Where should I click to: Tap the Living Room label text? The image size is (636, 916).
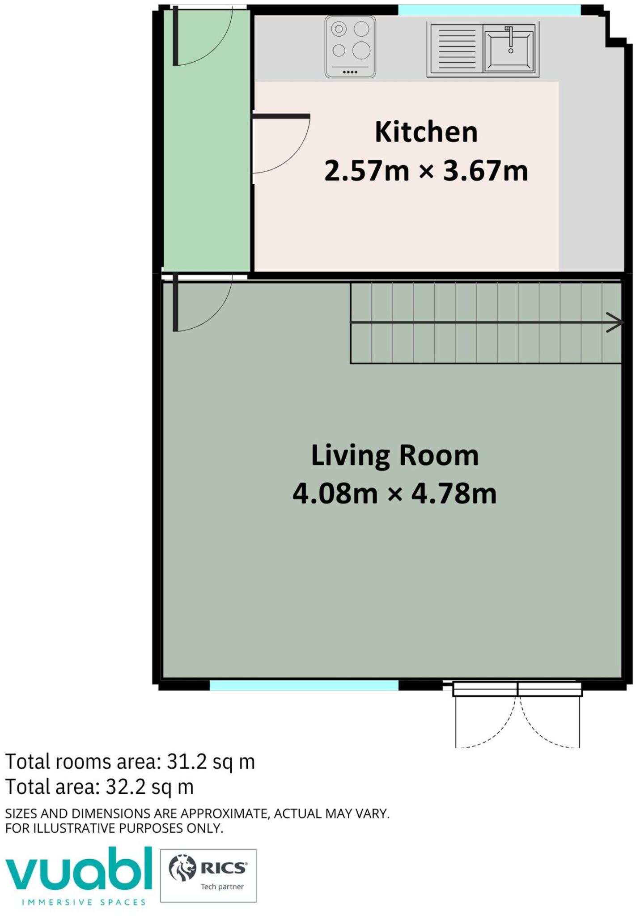pyautogui.click(x=395, y=456)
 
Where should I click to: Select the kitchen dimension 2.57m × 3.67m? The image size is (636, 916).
pyautogui.click(x=426, y=171)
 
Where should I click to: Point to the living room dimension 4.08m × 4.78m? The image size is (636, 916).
pyautogui.click(x=395, y=494)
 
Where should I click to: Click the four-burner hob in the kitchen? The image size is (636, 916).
pyautogui.click(x=350, y=47)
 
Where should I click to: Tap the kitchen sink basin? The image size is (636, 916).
pyautogui.click(x=509, y=48)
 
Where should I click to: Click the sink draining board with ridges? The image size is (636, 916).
pyautogui.click(x=457, y=48)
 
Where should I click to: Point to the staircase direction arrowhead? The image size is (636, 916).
pyautogui.click(x=615, y=322)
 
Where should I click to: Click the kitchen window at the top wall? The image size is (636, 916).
pyautogui.click(x=489, y=10)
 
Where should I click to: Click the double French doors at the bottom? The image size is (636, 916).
pyautogui.click(x=517, y=714)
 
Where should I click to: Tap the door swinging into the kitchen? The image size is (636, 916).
pyautogui.click(x=281, y=144)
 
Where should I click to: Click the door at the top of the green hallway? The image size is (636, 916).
pyautogui.click(x=203, y=36)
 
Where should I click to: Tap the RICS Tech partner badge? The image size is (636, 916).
pyautogui.click(x=208, y=875)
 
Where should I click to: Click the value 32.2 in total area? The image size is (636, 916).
pyautogui.click(x=126, y=787)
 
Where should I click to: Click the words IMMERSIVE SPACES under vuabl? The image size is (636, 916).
pyautogui.click(x=84, y=902)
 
